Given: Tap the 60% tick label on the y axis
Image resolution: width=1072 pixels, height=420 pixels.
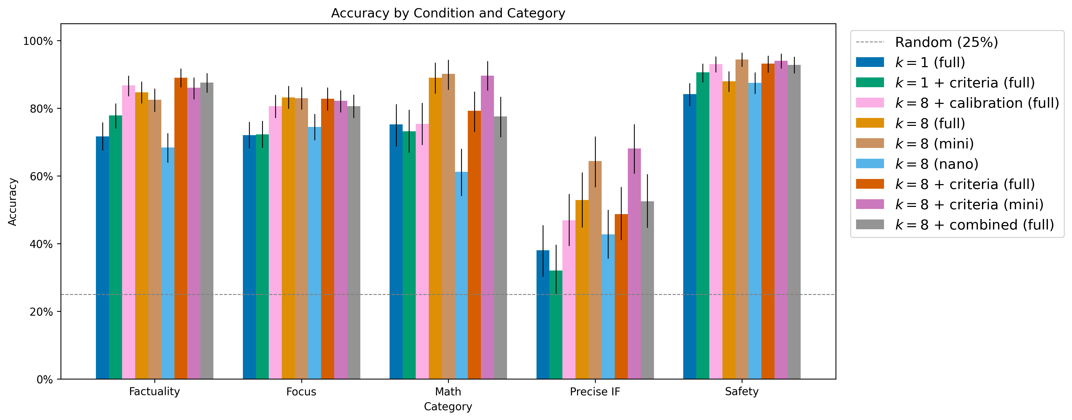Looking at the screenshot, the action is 41,176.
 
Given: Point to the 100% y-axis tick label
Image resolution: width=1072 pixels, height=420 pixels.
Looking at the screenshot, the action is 38,41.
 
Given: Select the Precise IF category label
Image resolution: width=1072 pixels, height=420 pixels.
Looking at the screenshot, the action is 595,392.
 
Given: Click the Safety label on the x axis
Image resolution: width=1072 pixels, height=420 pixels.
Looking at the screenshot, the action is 742,392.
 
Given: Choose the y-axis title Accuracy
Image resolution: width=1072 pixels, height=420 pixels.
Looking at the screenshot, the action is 13,202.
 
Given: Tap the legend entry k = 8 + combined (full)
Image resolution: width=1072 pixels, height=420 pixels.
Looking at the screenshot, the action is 955,225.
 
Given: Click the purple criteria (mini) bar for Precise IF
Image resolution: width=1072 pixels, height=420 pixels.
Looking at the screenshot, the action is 634,264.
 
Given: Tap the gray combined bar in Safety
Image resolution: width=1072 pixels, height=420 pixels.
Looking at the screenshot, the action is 794,222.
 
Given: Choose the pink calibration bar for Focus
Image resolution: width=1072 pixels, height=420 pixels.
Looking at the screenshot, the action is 275,243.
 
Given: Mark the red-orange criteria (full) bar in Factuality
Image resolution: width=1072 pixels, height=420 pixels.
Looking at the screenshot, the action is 181,228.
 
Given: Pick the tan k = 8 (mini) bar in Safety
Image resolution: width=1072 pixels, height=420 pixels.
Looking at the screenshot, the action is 742,219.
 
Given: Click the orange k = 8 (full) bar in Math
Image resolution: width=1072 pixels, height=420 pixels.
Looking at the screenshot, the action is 435,228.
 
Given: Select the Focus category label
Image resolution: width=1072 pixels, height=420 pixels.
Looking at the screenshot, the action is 301,392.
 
